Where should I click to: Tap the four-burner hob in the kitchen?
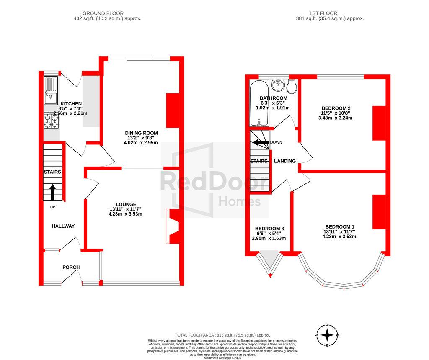pyautogui.click(x=51, y=121)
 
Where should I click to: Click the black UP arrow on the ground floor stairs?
pyautogui.click(x=52, y=193)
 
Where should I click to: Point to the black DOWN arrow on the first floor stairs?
pyautogui.click(x=261, y=142)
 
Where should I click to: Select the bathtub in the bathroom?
pyautogui.click(x=259, y=103)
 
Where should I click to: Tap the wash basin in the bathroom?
pyautogui.click(x=279, y=85)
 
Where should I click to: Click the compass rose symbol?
pyautogui.click(x=327, y=335)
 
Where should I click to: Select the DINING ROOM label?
pyautogui.click(x=142, y=133)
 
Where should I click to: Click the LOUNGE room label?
pyautogui.click(x=126, y=204)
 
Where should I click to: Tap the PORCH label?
pyautogui.click(x=71, y=267)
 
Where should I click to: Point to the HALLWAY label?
pyautogui.click(x=63, y=226)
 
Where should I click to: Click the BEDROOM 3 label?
pyautogui.click(x=269, y=229)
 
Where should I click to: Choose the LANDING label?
pyautogui.click(x=285, y=161)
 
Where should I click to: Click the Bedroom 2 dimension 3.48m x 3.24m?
pyautogui.click(x=336, y=118)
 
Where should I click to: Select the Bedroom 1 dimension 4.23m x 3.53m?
pyautogui.click(x=339, y=237)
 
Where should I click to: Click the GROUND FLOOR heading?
pyautogui.click(x=103, y=13)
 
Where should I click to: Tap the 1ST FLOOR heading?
pyautogui.click(x=323, y=13)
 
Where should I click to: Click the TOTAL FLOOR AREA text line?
pyautogui.click(x=222, y=335)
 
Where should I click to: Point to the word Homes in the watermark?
pyautogui.click(x=240, y=202)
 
